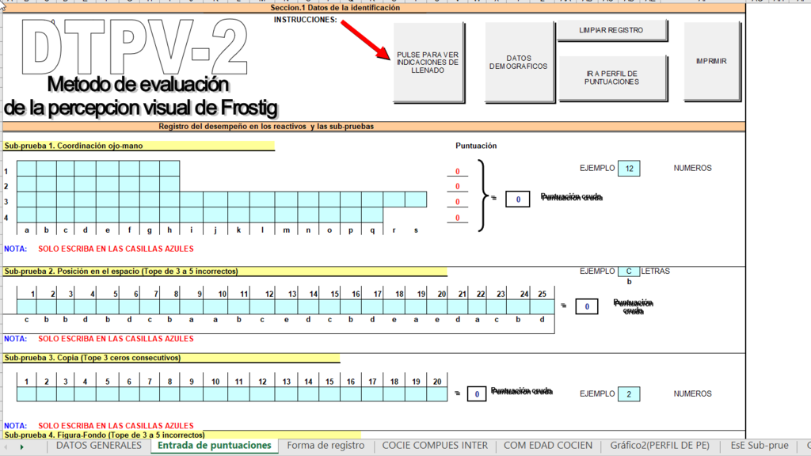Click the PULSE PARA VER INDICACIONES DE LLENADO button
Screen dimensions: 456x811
[428, 63]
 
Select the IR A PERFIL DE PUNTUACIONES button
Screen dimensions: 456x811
[611, 78]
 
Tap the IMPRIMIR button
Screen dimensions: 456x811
[711, 62]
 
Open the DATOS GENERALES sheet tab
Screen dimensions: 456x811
[99, 446]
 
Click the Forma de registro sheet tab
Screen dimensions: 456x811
[326, 446]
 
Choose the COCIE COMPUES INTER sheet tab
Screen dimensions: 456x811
[435, 446]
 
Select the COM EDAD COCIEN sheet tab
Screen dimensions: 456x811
[548, 446]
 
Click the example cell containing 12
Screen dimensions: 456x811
[629, 168]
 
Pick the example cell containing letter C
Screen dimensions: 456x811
[629, 271]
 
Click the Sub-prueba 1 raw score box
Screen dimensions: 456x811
[517, 199]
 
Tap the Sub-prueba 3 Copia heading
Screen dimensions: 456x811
[93, 358]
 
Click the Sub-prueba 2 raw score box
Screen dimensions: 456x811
[586, 306]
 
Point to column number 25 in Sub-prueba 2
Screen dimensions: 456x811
[542, 294]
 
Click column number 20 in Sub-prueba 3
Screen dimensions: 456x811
[437, 382]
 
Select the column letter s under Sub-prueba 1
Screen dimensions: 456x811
[416, 230]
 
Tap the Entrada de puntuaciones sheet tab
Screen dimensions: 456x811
[214, 446]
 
